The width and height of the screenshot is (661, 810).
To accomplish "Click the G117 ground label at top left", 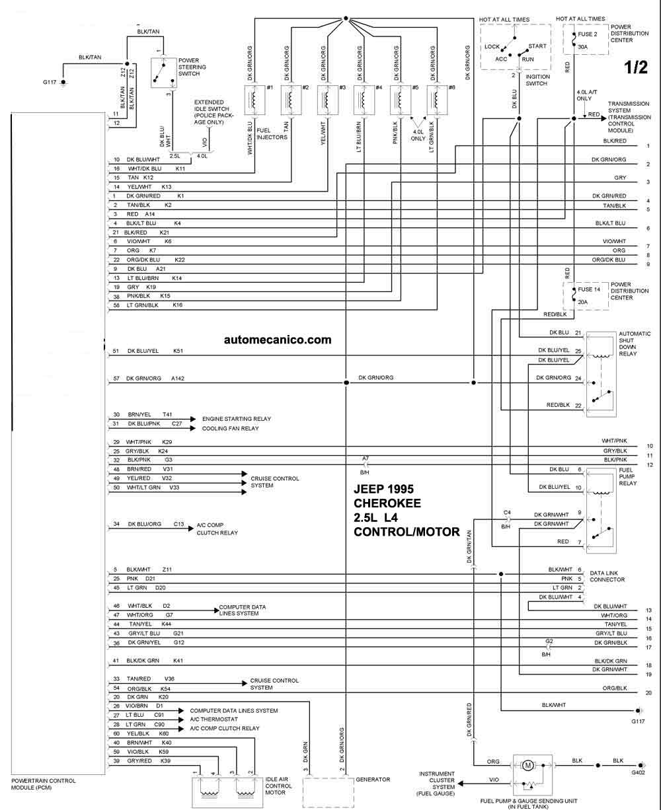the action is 50,82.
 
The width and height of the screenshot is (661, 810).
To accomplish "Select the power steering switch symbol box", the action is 164,73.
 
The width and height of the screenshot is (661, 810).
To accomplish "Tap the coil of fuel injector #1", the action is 254,100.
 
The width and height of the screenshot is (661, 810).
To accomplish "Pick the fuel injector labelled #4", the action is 364,100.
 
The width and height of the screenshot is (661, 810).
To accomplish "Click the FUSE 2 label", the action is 588,34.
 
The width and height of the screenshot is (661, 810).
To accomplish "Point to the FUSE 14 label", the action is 589,289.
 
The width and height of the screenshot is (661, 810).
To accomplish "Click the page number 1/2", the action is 636,67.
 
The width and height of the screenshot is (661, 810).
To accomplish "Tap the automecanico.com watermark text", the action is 278,340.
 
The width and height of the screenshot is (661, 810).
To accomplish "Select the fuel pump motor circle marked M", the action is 527,766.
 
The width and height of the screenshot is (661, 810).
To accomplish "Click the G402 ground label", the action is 638,772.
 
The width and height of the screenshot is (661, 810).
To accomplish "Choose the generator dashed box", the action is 329,793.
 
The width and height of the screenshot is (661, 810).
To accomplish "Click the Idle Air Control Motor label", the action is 279,786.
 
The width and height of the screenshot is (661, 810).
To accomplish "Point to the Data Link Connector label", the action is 607,576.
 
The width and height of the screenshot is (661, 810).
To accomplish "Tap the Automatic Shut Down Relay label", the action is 635,344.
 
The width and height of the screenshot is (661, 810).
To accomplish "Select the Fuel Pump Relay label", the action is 627,476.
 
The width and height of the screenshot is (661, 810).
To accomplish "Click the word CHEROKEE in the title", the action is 387,503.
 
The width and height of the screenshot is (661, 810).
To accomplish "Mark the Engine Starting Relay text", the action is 237,419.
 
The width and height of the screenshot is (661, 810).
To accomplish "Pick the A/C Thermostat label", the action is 214,719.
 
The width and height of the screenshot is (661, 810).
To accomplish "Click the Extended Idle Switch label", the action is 214,112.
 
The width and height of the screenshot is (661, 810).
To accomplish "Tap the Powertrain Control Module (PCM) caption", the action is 44,784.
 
